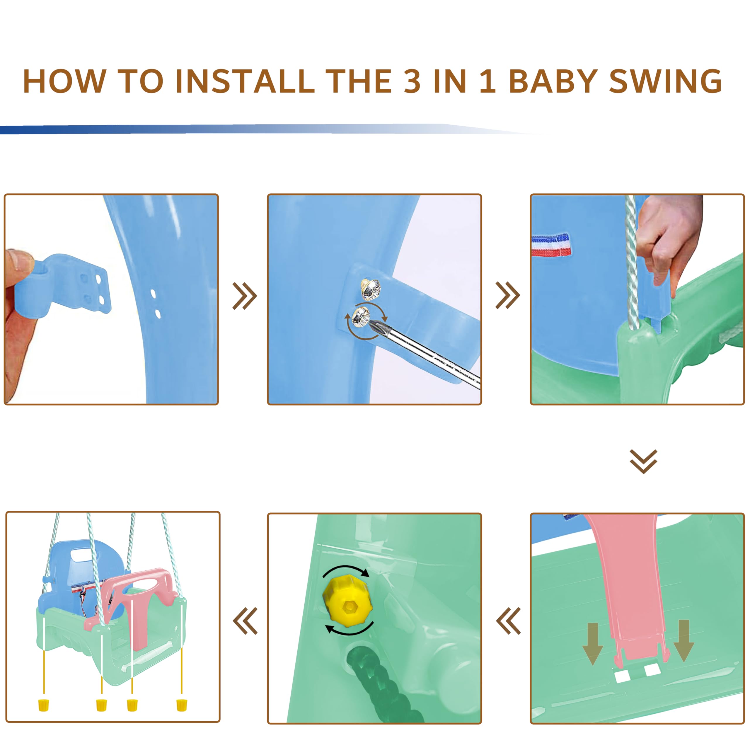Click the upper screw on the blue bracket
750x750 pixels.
point(371,289)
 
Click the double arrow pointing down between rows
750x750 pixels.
point(643,461)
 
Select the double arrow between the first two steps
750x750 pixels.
point(245,296)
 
